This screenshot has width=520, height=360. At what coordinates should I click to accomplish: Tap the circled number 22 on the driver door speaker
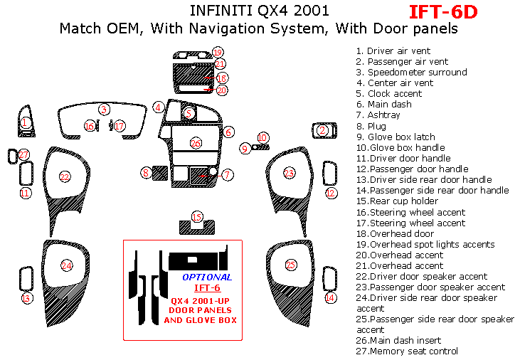coord(65,176)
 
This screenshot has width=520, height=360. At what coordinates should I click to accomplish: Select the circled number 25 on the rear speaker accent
coord(290,265)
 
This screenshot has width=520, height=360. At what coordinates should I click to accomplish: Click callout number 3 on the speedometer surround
coord(104,110)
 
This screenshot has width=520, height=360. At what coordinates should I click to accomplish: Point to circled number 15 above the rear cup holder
coord(197,216)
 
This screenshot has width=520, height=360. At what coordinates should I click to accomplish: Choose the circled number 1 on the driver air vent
coord(25,122)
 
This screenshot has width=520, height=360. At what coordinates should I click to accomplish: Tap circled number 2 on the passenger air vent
coord(322,130)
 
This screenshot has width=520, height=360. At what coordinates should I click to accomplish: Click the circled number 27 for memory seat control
coord(23,154)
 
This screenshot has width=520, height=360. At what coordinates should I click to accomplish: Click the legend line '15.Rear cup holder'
coord(402,201)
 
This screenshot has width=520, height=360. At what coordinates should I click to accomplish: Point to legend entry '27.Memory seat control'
coord(407,351)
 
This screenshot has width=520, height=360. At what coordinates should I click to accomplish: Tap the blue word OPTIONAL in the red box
coord(206,277)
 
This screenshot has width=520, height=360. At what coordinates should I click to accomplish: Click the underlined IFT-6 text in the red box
coord(207,287)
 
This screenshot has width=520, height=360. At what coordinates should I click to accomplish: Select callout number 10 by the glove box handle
coord(263,137)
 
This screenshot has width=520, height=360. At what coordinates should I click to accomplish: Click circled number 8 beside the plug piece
coord(146,172)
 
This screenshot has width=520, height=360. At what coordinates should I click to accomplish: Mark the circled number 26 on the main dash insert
coord(196,143)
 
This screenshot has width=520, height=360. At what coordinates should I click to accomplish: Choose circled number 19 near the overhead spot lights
coord(218,52)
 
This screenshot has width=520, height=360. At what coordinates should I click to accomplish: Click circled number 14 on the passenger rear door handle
coord(330,298)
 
